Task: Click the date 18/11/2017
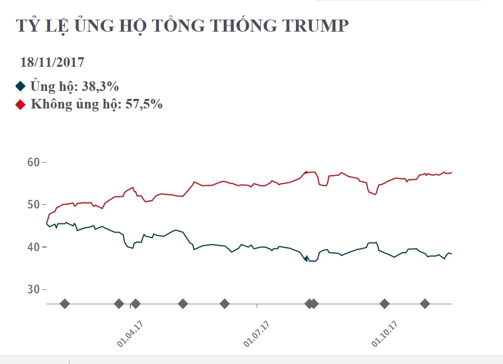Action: coord(52,63)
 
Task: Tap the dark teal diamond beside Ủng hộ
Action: coord(20,86)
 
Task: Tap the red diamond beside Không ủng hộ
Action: coord(20,104)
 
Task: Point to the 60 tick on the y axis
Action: coord(33,163)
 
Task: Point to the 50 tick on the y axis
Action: coord(33,205)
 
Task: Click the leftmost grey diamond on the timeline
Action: coord(64,304)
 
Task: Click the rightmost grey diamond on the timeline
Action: coord(425,304)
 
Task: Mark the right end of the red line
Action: coord(451,172)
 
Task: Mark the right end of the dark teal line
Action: coord(451,254)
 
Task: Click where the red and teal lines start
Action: coord(47,223)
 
